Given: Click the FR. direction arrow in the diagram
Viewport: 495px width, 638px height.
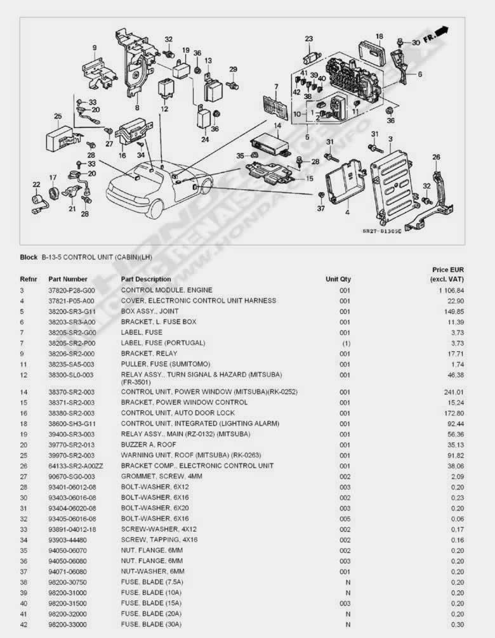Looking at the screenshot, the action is (436, 36).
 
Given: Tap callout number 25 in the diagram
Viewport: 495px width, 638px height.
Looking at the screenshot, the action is (58, 116).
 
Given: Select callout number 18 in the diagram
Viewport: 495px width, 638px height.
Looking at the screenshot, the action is (379, 36).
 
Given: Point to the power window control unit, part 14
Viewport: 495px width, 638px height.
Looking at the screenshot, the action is (270, 145).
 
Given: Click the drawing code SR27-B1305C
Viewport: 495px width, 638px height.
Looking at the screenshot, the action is (381, 231).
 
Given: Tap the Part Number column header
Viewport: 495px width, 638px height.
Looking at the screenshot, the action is (68, 279).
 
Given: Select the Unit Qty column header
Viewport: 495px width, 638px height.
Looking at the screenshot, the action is (338, 279).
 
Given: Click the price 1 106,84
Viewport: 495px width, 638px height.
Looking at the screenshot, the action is (451, 290).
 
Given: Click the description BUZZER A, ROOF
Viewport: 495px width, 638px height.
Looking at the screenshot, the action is (148, 445).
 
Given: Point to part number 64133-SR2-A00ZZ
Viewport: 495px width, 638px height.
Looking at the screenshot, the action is (76, 466).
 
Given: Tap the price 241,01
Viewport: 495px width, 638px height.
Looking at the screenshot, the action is (454, 392).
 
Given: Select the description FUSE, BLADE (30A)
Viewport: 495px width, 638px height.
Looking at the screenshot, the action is (151, 624).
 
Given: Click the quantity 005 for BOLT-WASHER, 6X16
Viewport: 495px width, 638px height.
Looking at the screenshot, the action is (345, 519).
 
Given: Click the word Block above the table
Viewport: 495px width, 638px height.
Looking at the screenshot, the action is (29, 257).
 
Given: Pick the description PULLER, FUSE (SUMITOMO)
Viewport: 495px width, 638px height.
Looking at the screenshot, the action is (166, 364).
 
